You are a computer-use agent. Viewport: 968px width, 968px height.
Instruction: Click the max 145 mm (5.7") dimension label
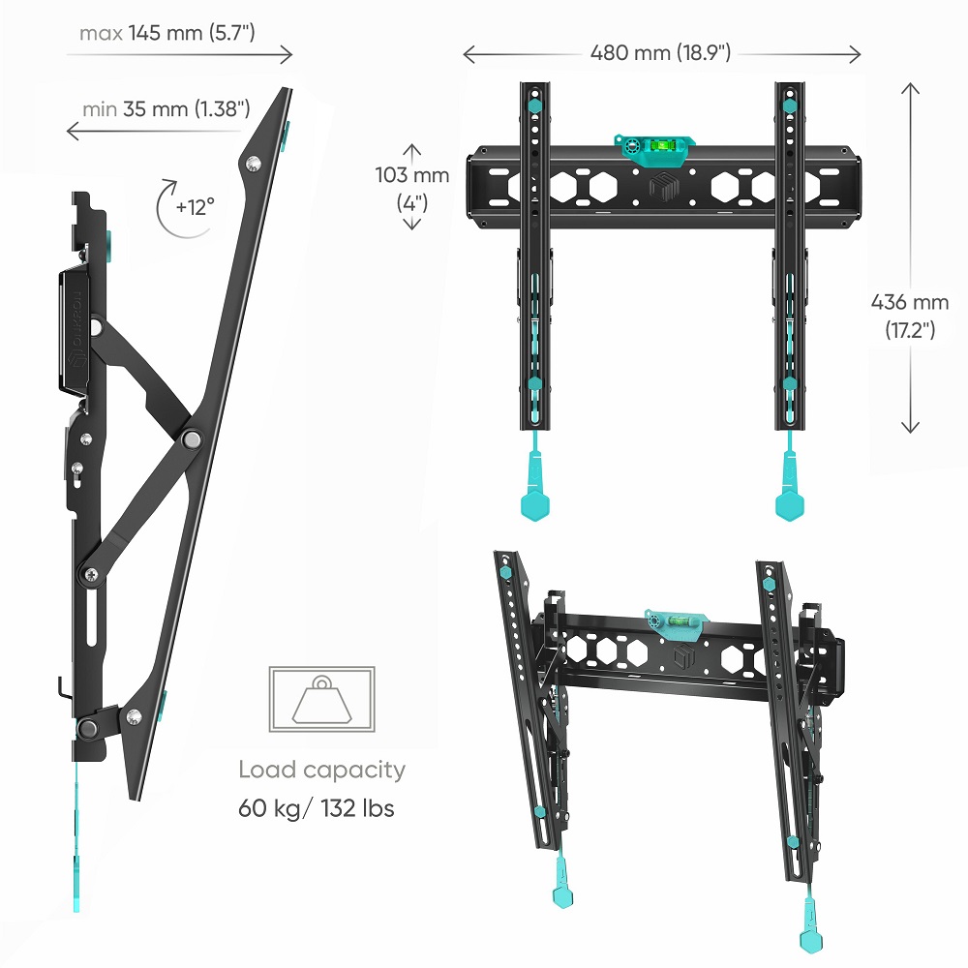click(167, 33)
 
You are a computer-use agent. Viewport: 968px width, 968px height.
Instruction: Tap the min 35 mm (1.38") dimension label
click(166, 109)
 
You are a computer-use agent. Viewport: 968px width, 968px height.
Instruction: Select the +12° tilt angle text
click(196, 207)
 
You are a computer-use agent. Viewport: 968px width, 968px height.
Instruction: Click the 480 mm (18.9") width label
click(660, 53)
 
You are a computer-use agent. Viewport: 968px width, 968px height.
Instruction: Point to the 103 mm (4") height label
click(411, 189)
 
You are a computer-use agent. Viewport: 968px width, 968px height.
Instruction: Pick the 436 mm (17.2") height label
click(910, 316)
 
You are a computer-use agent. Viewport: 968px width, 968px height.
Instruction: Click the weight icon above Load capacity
click(321, 700)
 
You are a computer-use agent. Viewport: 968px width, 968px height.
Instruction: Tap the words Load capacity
click(321, 770)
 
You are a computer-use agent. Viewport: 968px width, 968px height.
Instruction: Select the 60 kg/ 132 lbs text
click(317, 808)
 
